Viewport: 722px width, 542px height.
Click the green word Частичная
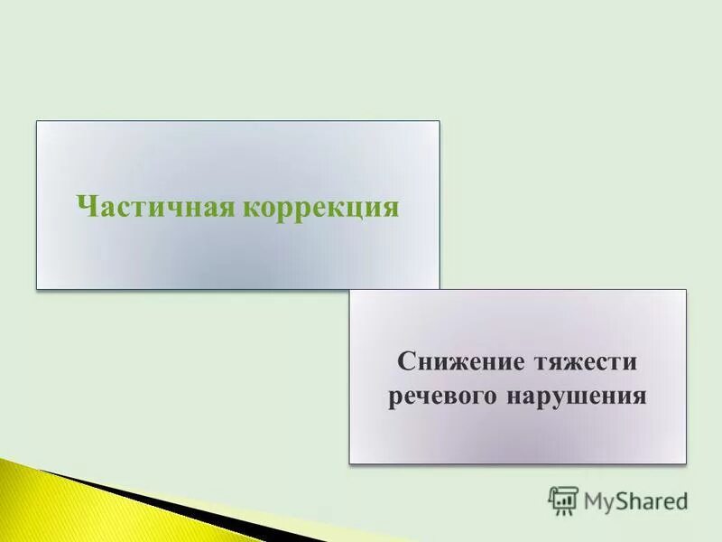point(154,207)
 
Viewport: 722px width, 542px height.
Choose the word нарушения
point(579,397)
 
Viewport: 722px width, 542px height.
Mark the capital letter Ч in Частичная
point(87,207)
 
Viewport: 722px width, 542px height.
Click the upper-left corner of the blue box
point(37,122)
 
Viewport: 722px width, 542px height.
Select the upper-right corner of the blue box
point(439,122)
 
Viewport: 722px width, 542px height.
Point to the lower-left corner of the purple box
point(350,463)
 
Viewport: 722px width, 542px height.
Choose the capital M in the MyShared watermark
point(593,500)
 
